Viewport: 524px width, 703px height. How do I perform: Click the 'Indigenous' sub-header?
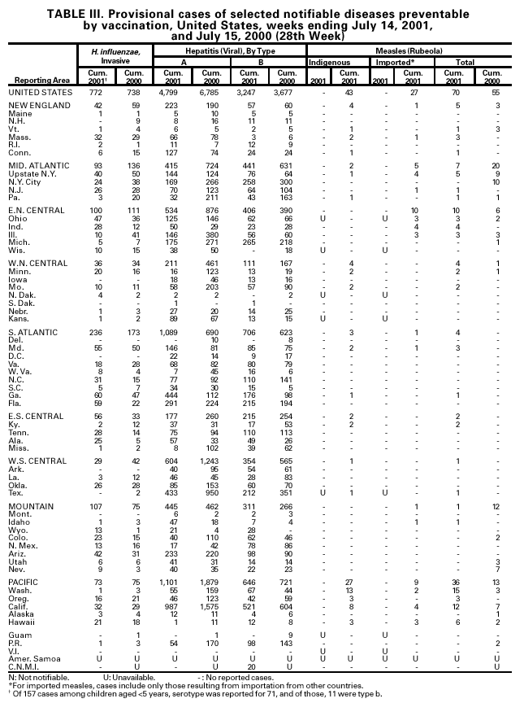tap(329, 62)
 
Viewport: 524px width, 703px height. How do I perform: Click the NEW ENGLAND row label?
tap(34, 107)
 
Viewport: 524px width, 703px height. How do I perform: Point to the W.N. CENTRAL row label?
tap(34, 263)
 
